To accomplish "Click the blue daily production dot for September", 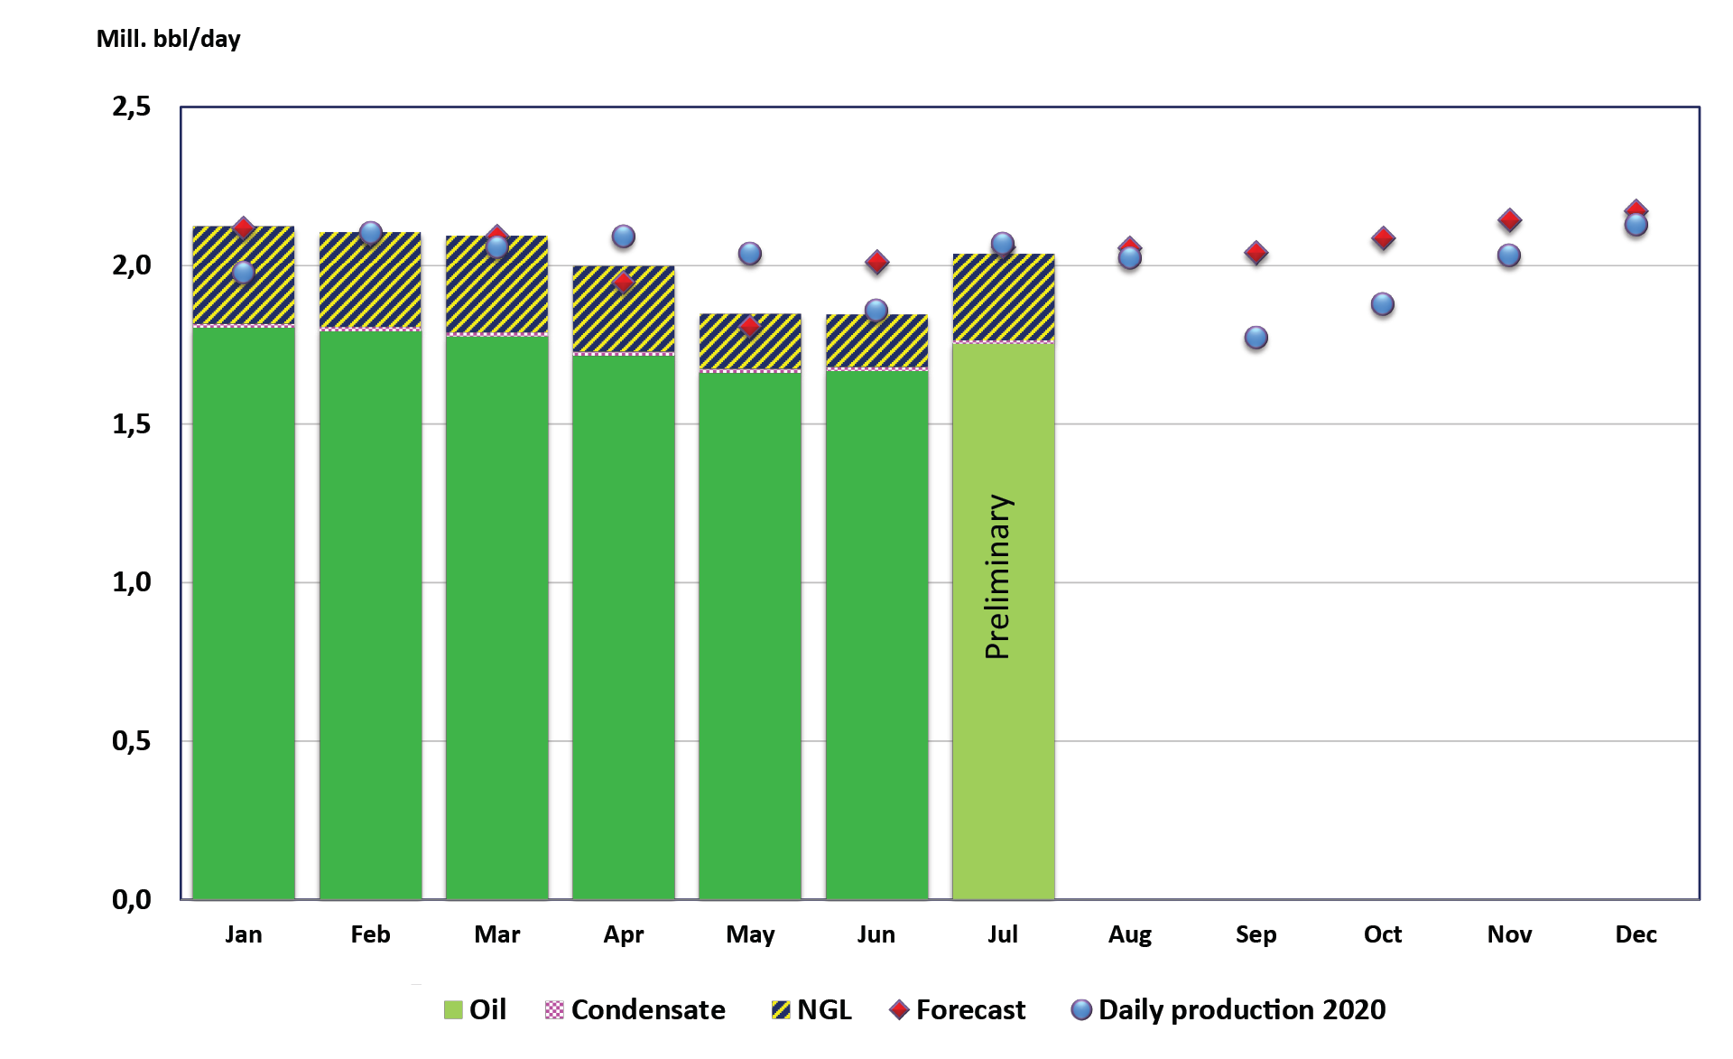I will (1256, 339).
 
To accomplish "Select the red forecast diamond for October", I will (1383, 239).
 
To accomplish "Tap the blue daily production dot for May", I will (749, 254).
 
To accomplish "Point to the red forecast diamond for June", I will (876, 263).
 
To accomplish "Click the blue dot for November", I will (1508, 255).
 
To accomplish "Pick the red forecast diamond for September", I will (1256, 253).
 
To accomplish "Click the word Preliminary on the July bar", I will (998, 576).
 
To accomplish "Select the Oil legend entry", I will (476, 1009).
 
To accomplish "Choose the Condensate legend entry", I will (635, 1009).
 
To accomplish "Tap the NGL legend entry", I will (811, 1009).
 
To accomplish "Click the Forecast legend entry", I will (958, 1009).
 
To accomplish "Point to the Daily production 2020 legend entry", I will (1228, 1009).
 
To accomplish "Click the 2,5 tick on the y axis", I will (132, 107).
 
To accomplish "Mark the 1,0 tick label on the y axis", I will (132, 582).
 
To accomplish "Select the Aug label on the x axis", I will (1129, 934).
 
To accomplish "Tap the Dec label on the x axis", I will (1636, 934).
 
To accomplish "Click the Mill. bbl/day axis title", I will (169, 39).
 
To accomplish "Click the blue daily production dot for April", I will (623, 237).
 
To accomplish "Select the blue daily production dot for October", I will (1382, 304).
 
